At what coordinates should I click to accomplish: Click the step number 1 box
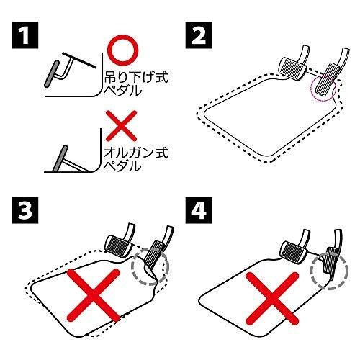[x=25, y=35]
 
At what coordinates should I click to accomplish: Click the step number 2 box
[x=199, y=35]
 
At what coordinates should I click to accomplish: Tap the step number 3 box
[x=25, y=210]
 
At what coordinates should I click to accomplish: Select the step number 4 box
[x=199, y=210]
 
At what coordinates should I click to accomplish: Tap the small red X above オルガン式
[x=122, y=125]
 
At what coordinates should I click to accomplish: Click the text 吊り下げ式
[x=136, y=76]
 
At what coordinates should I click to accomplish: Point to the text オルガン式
[x=135, y=153]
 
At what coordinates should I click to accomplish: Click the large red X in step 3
[x=94, y=295]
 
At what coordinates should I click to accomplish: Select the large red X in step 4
[x=272, y=299]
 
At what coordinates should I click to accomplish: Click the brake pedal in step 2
[x=292, y=68]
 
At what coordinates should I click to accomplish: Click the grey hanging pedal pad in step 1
[x=52, y=74]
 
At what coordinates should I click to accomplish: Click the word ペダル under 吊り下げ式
[x=123, y=91]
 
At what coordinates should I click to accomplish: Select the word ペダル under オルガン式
[x=123, y=166]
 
